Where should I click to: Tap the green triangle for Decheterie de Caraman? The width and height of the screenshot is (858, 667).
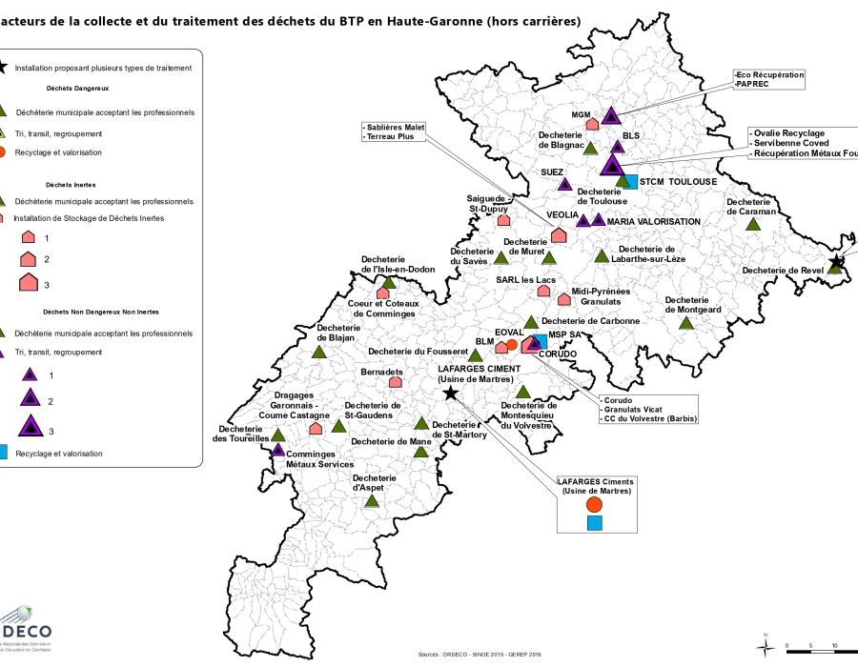click(x=753, y=224)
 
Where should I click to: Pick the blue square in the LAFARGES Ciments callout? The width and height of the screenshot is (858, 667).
click(x=594, y=523)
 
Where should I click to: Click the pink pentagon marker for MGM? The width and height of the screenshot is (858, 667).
click(x=592, y=124)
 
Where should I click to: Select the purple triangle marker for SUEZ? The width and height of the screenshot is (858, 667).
click(x=564, y=185)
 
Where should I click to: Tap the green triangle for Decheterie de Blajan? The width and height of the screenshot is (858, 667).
click(x=319, y=352)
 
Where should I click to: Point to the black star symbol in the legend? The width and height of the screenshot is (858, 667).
click(x=4, y=68)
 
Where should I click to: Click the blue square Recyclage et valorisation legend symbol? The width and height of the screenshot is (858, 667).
click(x=5, y=454)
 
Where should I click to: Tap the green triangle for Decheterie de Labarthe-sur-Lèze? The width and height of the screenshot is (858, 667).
click(x=602, y=255)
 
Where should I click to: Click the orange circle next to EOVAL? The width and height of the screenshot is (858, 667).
click(x=512, y=344)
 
